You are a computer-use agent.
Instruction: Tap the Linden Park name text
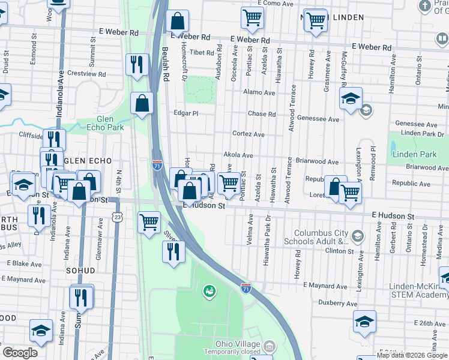point(414,154)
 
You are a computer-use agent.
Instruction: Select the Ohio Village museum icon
point(270,346)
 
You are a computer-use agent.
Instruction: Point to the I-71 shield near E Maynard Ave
point(246,289)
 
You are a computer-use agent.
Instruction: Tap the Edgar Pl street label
point(185,113)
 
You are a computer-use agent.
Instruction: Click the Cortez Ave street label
point(249,134)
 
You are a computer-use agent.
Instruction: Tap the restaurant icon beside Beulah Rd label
point(137,64)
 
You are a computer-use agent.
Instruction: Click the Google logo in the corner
point(20,353)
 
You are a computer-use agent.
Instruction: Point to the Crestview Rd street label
point(86,73)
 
